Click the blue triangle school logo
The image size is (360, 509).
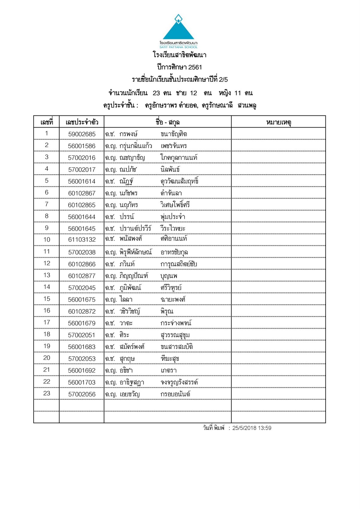(x=179, y=29)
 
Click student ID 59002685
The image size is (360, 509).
(x=82, y=134)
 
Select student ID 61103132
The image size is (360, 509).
(x=82, y=240)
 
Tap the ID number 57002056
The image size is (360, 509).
(x=82, y=394)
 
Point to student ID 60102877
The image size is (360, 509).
(x=82, y=276)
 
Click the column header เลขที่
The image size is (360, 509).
(x=47, y=122)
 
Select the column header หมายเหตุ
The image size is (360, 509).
(x=279, y=122)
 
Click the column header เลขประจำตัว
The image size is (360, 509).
(x=82, y=122)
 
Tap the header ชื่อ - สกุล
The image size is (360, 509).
(x=167, y=122)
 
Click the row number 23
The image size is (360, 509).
(x=47, y=393)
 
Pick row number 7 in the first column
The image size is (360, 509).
(x=47, y=204)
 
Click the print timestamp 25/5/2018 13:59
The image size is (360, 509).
(x=252, y=428)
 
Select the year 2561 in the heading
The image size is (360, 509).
(x=195, y=67)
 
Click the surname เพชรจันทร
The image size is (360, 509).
(x=174, y=146)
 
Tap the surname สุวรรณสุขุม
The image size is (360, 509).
(x=175, y=335)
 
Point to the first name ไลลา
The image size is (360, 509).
(x=126, y=299)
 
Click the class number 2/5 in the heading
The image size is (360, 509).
(x=223, y=80)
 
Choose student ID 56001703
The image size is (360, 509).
(x=82, y=382)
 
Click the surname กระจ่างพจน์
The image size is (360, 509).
(x=176, y=323)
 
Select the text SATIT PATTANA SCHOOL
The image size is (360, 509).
(x=179, y=47)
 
